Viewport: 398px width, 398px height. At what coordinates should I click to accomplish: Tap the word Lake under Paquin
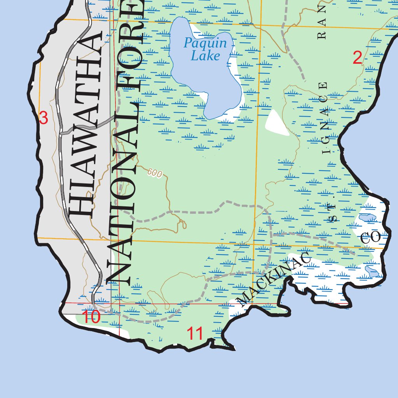206,56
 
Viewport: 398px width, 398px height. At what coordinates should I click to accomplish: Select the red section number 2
357,58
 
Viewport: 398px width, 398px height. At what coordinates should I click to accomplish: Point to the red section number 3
43,118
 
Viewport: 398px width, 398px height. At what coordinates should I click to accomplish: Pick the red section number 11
195,333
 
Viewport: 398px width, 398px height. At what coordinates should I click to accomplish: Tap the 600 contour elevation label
155,174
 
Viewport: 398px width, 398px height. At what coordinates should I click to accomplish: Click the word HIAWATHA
85,124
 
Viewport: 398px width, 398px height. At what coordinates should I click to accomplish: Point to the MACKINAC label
274,278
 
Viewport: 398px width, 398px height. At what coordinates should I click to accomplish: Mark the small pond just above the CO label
367,218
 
